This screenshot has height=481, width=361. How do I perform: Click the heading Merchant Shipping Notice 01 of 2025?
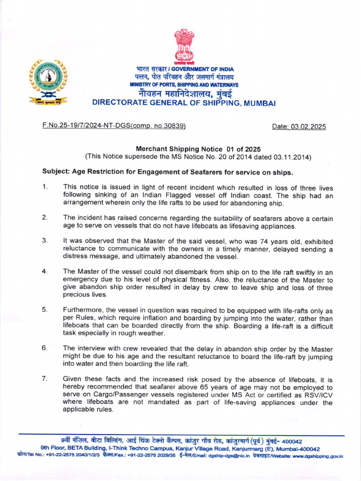(x=198, y=149)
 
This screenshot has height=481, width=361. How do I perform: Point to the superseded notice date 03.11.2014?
(x=293, y=157)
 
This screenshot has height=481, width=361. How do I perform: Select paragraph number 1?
(x=45, y=186)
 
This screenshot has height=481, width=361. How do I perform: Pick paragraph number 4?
(x=45, y=272)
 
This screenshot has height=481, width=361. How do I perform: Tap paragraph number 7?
(x=45, y=379)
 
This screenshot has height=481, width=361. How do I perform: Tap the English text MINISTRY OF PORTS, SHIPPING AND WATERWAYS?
(x=184, y=85)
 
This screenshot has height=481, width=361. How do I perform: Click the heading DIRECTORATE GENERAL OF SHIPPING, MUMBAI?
(x=184, y=103)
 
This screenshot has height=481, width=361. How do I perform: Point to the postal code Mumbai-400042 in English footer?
(x=299, y=449)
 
